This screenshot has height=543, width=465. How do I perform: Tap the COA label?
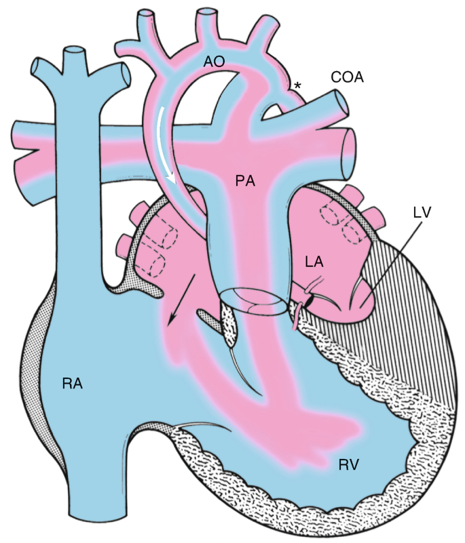pyautogui.click(x=348, y=77)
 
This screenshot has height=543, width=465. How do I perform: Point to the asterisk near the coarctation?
pyautogui.click(x=297, y=85)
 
